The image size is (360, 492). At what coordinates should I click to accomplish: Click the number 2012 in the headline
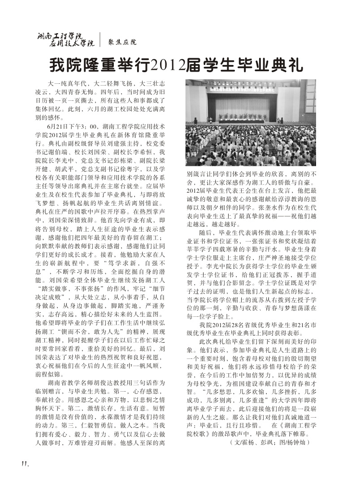tap(171, 66)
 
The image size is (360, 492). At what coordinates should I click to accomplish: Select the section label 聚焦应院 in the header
tap(122, 43)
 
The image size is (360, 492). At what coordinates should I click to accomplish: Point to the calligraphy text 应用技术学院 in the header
tap(72, 44)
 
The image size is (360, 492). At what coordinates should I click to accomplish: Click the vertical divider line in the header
tap(100, 40)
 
